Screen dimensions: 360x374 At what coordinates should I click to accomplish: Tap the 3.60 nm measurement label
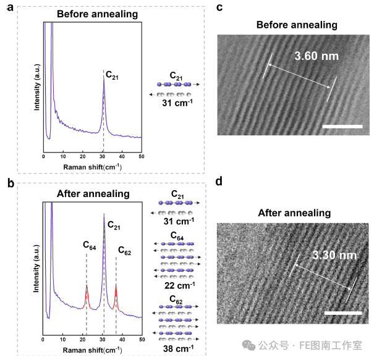point(317,56)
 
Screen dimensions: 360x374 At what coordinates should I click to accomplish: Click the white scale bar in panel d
point(342,312)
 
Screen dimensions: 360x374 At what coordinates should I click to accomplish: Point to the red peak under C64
point(87,295)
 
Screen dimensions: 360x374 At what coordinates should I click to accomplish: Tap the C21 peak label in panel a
point(113,75)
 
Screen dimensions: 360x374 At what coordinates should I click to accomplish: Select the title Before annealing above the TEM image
point(297,25)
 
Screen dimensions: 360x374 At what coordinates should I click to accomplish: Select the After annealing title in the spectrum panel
point(93,193)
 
